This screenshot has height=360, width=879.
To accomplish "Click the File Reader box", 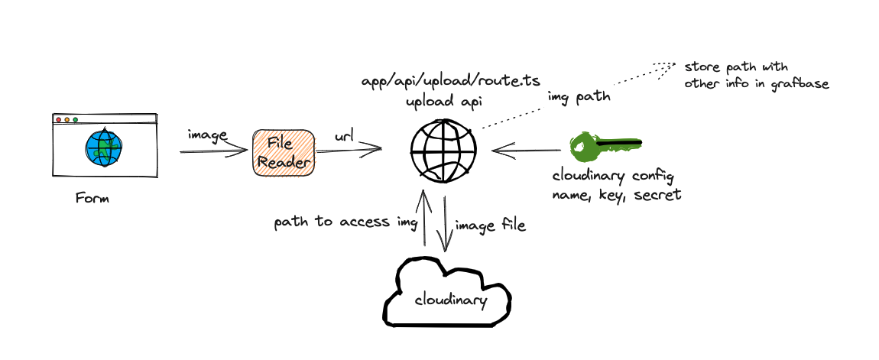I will (284, 153).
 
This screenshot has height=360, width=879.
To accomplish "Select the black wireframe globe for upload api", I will (443, 150).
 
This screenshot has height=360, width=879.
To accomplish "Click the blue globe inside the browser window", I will (104, 148).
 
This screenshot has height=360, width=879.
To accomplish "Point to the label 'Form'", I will (92, 199).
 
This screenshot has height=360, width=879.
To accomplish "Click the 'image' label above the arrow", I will (207, 135).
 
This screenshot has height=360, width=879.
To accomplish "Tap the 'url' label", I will (343, 137).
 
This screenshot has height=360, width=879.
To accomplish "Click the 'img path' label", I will (578, 97).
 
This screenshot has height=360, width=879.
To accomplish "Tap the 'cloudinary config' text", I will (613, 177).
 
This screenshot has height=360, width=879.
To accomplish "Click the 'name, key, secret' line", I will (616, 195).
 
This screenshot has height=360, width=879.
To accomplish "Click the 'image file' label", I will (490, 225).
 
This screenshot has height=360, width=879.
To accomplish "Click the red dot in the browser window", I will (58, 119).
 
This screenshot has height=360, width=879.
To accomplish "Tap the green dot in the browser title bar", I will (75, 119).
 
